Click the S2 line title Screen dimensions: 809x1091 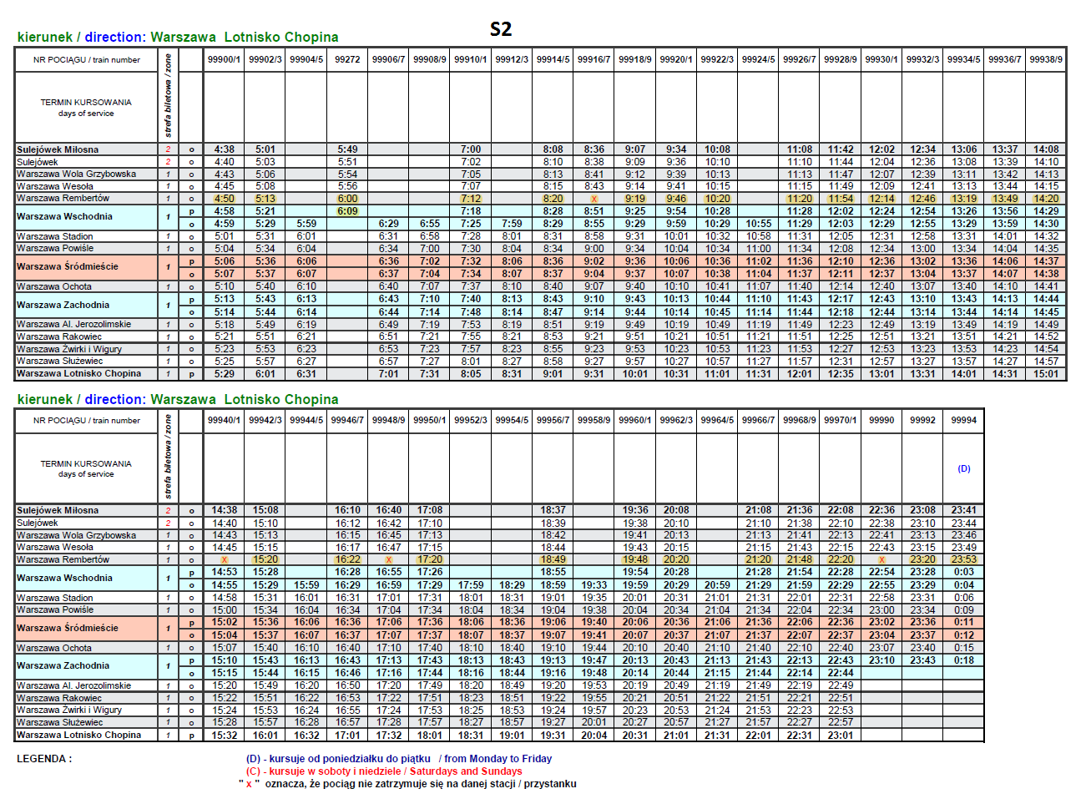(501, 29)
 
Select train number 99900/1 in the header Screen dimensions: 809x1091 (224, 60)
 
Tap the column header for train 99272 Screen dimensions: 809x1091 (347, 60)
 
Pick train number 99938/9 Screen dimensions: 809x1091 (1046, 60)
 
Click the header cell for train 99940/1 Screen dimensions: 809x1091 (224, 421)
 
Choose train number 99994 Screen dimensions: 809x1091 (963, 421)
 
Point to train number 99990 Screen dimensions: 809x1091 (881, 421)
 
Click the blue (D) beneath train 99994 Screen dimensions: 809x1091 (963, 469)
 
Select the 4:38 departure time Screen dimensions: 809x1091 (224, 150)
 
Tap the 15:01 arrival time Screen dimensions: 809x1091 (1046, 374)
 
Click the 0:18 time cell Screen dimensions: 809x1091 (963, 660)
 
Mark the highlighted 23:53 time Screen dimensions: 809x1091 (963, 560)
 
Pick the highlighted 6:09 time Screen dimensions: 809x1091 (347, 211)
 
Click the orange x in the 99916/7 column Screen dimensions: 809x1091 (593, 200)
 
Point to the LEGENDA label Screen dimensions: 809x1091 (44, 759)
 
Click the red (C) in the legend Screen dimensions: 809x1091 (253, 771)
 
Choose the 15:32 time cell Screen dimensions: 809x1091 (224, 736)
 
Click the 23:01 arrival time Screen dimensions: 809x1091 (841, 736)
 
